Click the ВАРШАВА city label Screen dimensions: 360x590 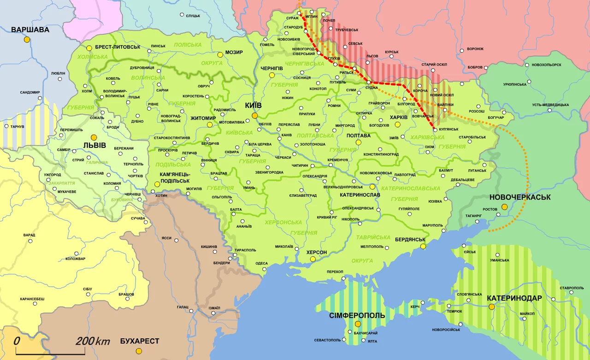pyautogui.click(x=30, y=30)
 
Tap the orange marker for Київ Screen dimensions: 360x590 pyautogui.click(x=254, y=116)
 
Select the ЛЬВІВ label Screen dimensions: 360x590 pyautogui.click(x=94, y=146)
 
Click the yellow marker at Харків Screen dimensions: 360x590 pyautogui.click(x=398, y=124)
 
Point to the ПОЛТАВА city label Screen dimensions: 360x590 pyautogui.click(x=359, y=136)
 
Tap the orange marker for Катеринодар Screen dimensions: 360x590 pyautogui.click(x=492, y=307)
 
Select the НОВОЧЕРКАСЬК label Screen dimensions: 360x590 pyautogui.click(x=520, y=197)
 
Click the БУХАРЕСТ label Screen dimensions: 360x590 pyautogui.click(x=139, y=342)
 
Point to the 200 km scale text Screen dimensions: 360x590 pyautogui.click(x=93, y=342)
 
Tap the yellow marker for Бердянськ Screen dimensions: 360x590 pyautogui.click(x=423, y=247)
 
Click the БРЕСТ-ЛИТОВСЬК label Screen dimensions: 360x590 pyautogui.click(x=118, y=47)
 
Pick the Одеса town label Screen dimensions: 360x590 pyautogui.click(x=261, y=264)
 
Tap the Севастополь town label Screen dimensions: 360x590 pyautogui.click(x=327, y=340)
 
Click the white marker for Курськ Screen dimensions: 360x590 pyautogui.click(x=391, y=57)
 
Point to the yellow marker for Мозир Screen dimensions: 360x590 pyautogui.click(x=221, y=53)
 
